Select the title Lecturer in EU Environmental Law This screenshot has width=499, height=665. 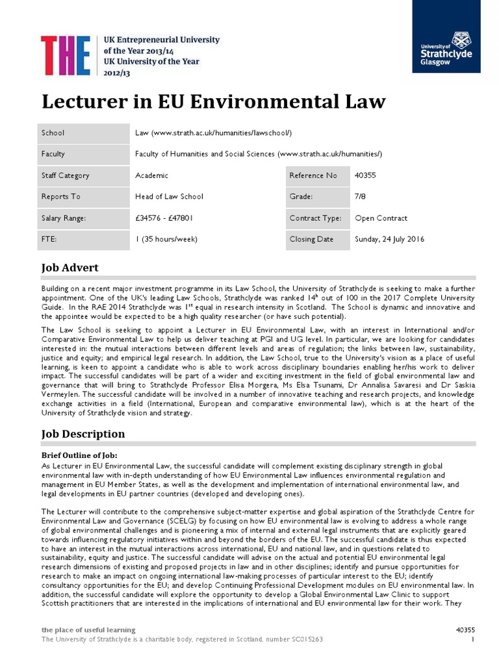click(x=214, y=102)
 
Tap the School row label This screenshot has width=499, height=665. click(x=53, y=133)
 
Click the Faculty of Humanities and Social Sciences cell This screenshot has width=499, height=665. click(x=258, y=155)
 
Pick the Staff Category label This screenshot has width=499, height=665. click(x=66, y=175)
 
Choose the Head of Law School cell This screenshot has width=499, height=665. click(x=169, y=197)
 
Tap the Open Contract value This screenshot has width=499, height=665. click(x=381, y=218)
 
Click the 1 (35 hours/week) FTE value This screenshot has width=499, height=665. click(x=166, y=239)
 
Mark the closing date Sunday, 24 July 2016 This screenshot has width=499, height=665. click(x=389, y=239)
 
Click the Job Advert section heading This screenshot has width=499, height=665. click(x=70, y=268)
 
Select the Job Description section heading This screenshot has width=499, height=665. click(x=83, y=434)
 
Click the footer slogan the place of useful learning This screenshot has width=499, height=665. click(x=88, y=629)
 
